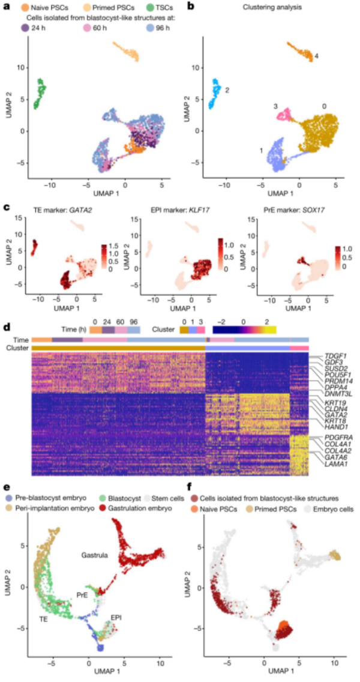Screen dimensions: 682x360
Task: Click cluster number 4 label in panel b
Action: coord(316,56)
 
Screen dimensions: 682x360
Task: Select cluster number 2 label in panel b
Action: coord(227,90)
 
